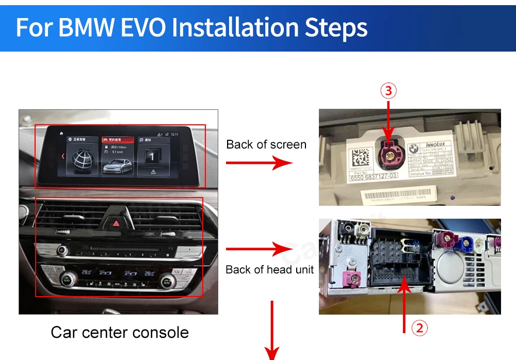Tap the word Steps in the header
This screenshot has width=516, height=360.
pyautogui.click(x=338, y=27)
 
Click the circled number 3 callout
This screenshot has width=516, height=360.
pyautogui.click(x=388, y=91)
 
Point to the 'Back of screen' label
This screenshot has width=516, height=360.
pyautogui.click(x=266, y=144)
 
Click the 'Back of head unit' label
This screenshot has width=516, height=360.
pyautogui.click(x=269, y=269)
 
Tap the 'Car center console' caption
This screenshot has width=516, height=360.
pyautogui.click(x=120, y=332)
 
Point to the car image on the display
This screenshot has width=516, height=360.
pyautogui.click(x=118, y=166)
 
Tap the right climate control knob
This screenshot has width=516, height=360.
pyautogui.click(x=166, y=280)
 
